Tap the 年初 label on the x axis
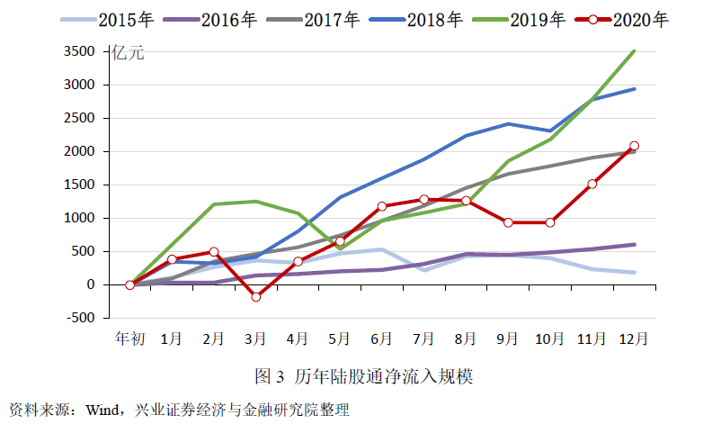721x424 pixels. tap(129, 338)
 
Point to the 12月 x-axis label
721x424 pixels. tap(635, 338)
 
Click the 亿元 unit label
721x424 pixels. tap(128, 52)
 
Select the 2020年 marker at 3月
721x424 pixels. tap(255, 296)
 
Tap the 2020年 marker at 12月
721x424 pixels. tap(635, 146)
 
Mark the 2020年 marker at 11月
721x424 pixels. tap(592, 185)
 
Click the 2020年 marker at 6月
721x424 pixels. tap(381, 206)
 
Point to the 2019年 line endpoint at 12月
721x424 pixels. tap(635, 51)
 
